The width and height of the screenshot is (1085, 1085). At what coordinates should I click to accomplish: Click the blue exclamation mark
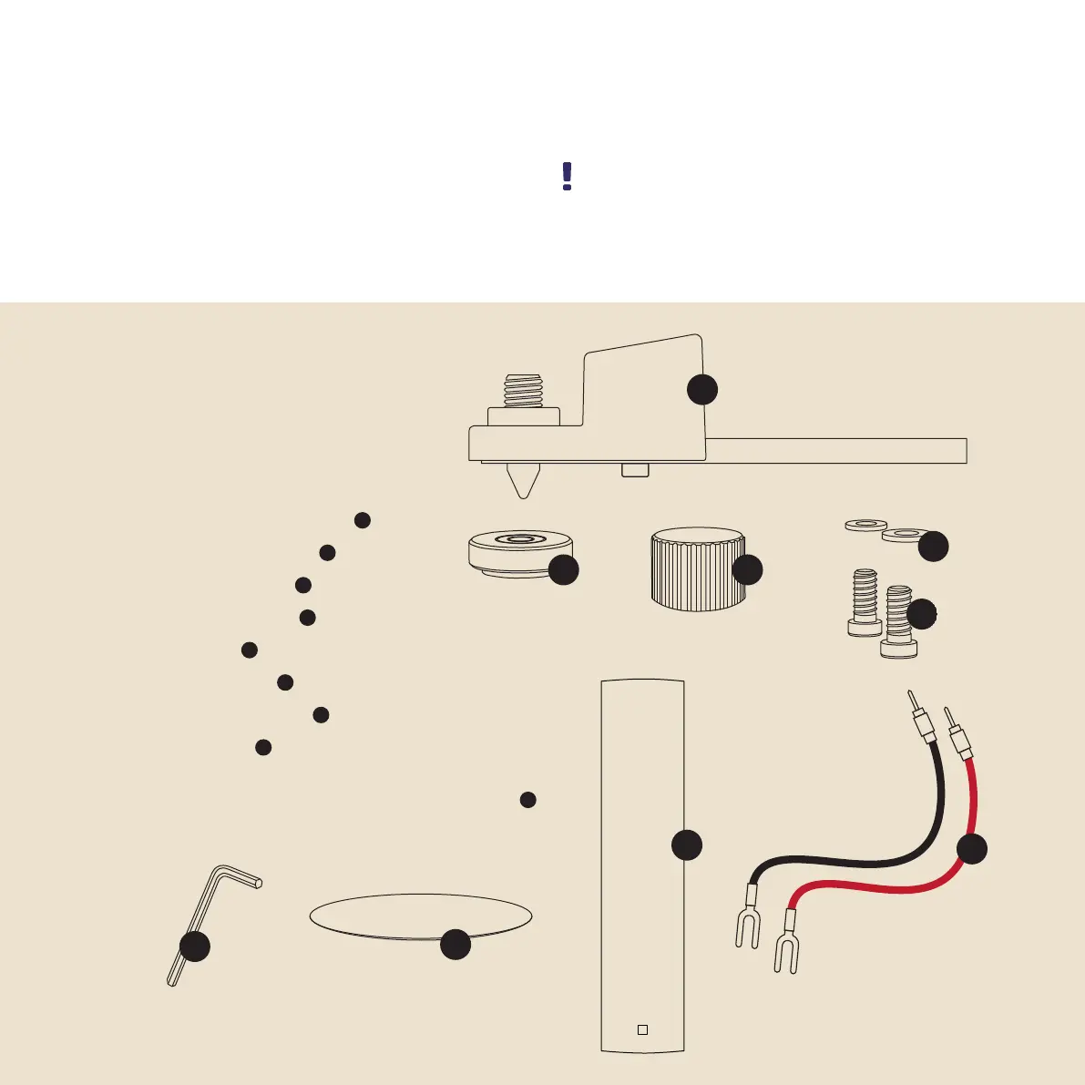pyautogui.click(x=567, y=177)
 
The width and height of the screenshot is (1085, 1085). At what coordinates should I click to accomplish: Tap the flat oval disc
pyautogui.click(x=401, y=913)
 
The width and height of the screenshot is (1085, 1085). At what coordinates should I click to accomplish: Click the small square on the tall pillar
pyautogui.click(x=642, y=1029)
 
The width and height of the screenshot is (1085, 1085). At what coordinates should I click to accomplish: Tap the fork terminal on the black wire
pyautogui.click(x=746, y=926)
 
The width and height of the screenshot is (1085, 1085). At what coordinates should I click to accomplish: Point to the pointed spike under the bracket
pyautogui.click(x=522, y=480)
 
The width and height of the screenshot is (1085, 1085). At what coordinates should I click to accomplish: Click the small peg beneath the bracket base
pyautogui.click(x=635, y=470)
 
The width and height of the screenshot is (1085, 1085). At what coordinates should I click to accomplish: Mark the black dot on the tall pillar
pyautogui.click(x=687, y=844)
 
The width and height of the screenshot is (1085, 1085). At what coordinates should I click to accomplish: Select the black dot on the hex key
pyautogui.click(x=194, y=947)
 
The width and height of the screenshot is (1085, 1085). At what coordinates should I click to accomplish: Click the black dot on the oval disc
pyautogui.click(x=455, y=945)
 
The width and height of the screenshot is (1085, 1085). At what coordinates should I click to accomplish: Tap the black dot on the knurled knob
pyautogui.click(x=747, y=570)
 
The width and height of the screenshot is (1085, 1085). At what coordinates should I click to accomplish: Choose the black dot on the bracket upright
pyautogui.click(x=701, y=389)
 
